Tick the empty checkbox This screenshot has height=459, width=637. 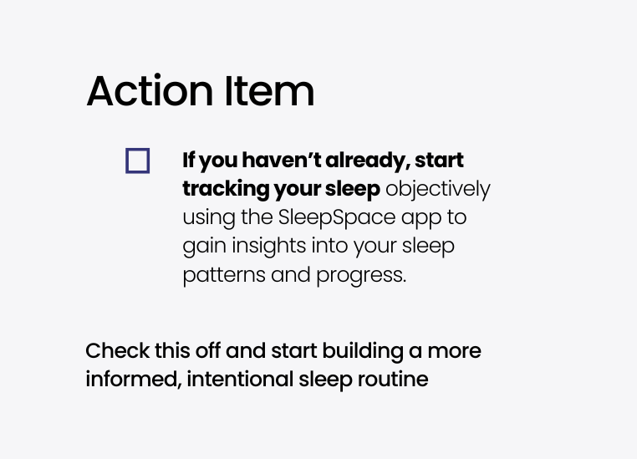pyautogui.click(x=138, y=161)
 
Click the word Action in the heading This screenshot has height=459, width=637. pyautogui.click(x=150, y=90)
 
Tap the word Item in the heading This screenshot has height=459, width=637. pyautogui.click(x=269, y=90)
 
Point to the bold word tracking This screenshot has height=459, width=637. pyautogui.click(x=225, y=189)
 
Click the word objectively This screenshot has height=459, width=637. pyautogui.click(x=438, y=189)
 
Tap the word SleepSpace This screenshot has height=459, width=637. pyautogui.click(x=337, y=217)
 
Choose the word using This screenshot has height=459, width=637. pyautogui.click(x=209, y=218)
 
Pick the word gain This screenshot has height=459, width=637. pyautogui.click(x=204, y=247)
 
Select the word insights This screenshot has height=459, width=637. pyautogui.click(x=269, y=247)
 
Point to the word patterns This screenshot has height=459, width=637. pyautogui.click(x=224, y=275)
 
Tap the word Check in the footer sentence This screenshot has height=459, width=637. pyautogui.click(x=117, y=350)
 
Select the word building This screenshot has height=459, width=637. pyautogui.click(x=363, y=351)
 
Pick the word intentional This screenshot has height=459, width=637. pyautogui.click(x=240, y=380)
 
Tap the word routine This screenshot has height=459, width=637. pyautogui.click(x=393, y=380)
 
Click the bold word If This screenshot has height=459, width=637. pyautogui.click(x=189, y=160)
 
